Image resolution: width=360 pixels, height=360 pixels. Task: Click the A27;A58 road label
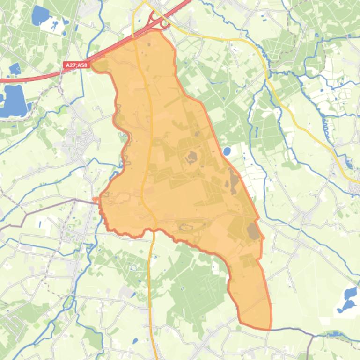(76, 65)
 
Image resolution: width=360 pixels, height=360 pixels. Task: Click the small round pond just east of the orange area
(227, 151)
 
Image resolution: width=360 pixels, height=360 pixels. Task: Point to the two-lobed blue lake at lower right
(348, 299)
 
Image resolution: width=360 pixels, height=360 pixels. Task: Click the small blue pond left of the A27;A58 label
(14, 69)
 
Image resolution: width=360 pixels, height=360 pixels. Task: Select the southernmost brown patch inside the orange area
(253, 231)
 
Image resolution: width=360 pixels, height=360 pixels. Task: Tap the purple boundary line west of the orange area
(47, 208)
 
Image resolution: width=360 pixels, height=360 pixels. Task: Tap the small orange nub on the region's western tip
(96, 200)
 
